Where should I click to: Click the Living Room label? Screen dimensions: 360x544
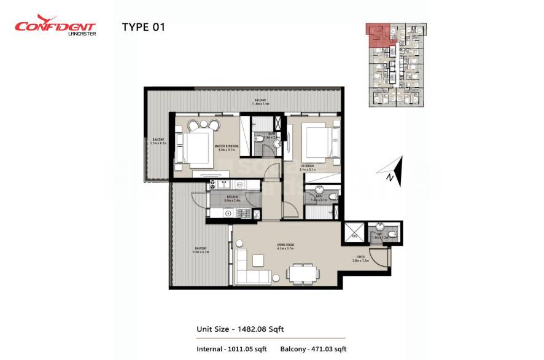pyautogui.click(x=286, y=247)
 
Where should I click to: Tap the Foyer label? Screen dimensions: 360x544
pyautogui.click(x=361, y=259)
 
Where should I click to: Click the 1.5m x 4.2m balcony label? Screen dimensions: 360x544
pyautogui.click(x=158, y=141)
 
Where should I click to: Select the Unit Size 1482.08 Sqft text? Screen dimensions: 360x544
pyautogui.click(x=239, y=329)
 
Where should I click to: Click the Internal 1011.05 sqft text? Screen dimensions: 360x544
pyautogui.click(x=231, y=349)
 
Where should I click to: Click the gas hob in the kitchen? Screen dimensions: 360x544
pyautogui.click(x=241, y=214)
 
